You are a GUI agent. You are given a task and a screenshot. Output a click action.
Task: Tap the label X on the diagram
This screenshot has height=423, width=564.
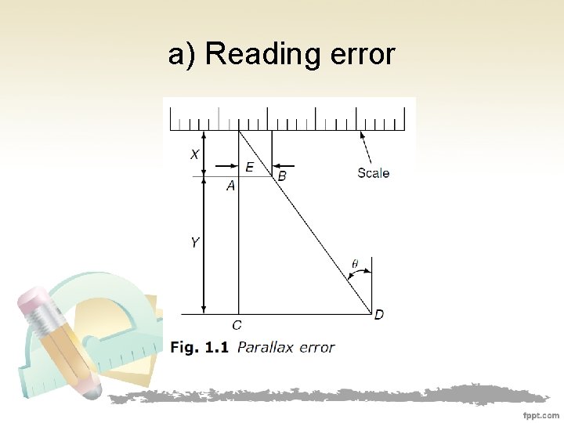[194, 155]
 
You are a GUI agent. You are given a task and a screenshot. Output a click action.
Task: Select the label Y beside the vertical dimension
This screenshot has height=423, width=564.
[194, 244]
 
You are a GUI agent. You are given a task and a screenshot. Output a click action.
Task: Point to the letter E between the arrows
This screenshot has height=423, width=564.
[249, 167]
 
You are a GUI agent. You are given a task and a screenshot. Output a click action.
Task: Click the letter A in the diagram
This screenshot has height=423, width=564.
[230, 186]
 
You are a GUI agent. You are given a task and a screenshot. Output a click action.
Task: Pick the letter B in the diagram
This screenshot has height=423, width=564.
[282, 178]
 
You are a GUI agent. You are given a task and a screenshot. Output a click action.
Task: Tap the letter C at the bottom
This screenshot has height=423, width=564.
[237, 325]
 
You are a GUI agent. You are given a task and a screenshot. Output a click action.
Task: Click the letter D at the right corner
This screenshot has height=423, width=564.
[379, 315]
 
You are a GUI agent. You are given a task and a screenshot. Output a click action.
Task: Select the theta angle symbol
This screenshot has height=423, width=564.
[354, 264]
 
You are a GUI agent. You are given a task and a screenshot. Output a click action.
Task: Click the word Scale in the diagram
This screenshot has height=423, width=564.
[373, 173]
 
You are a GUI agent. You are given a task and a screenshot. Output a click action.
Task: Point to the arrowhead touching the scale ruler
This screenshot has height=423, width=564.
[361, 134]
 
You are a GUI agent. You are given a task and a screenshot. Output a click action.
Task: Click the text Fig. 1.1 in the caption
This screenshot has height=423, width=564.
[199, 347]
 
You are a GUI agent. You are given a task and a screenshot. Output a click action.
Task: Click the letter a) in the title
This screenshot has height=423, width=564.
[181, 56]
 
